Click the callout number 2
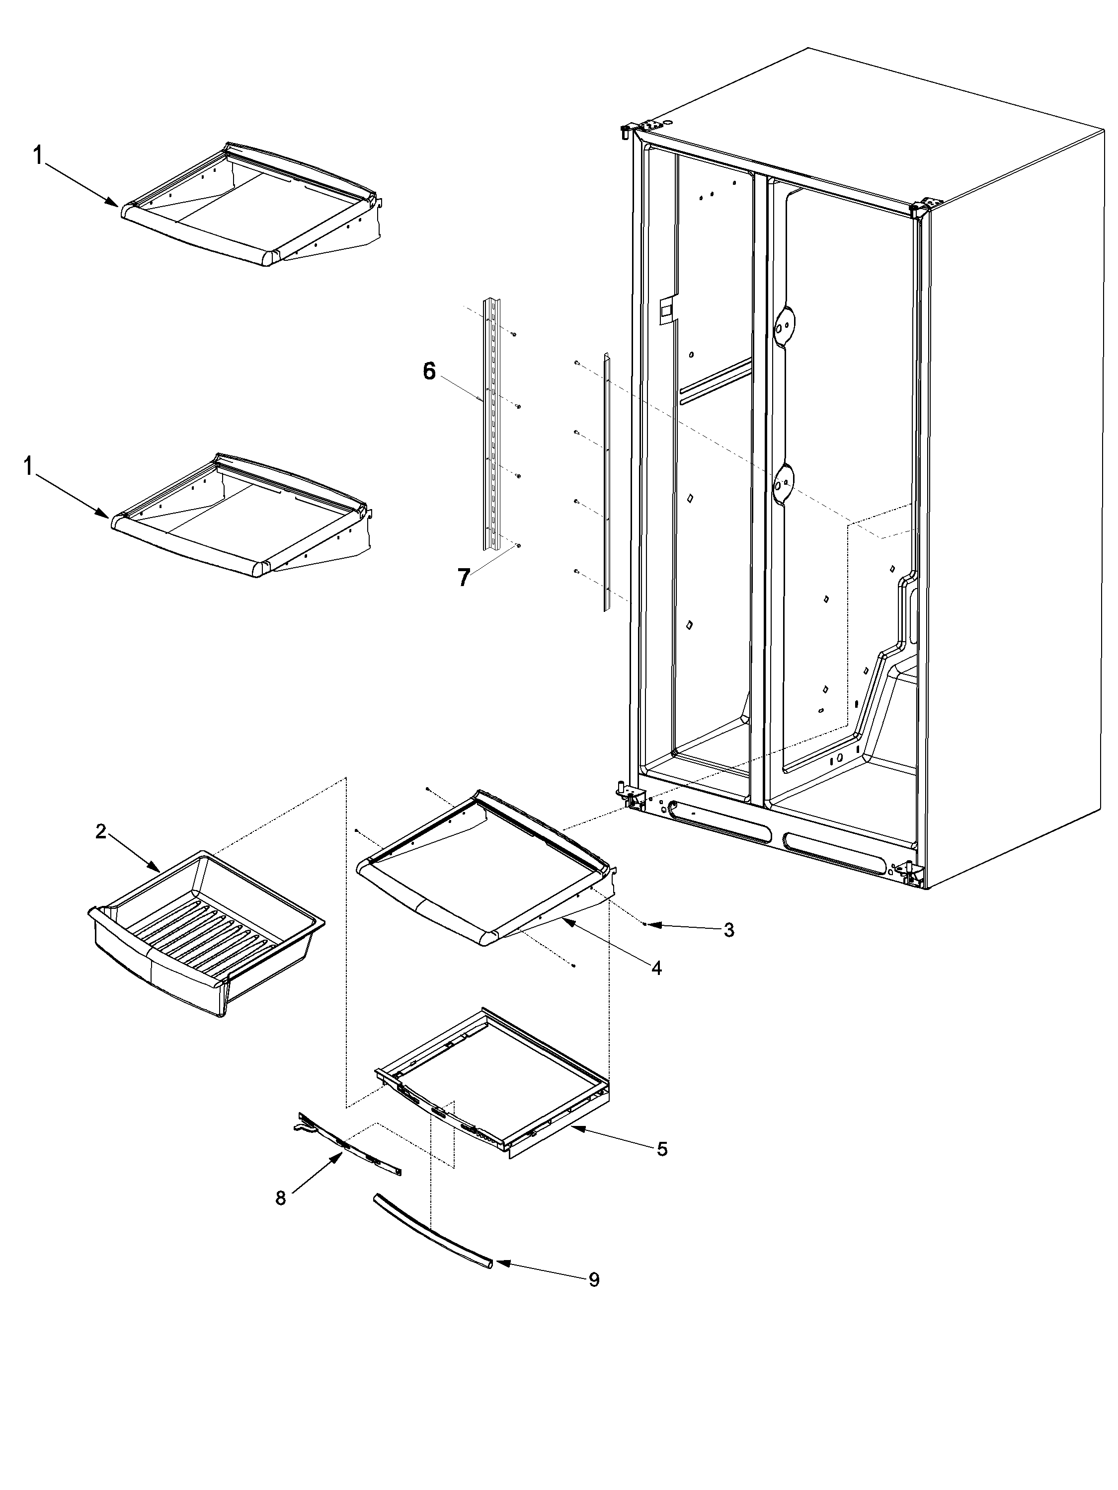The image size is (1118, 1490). point(100,832)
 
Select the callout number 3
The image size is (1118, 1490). point(728,930)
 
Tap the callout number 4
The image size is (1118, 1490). point(656,968)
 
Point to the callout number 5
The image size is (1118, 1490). point(662,1149)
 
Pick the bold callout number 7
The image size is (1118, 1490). point(464,577)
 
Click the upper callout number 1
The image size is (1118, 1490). point(38,156)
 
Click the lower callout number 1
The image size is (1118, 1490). point(28,466)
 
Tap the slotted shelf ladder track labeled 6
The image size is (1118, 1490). point(492,424)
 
